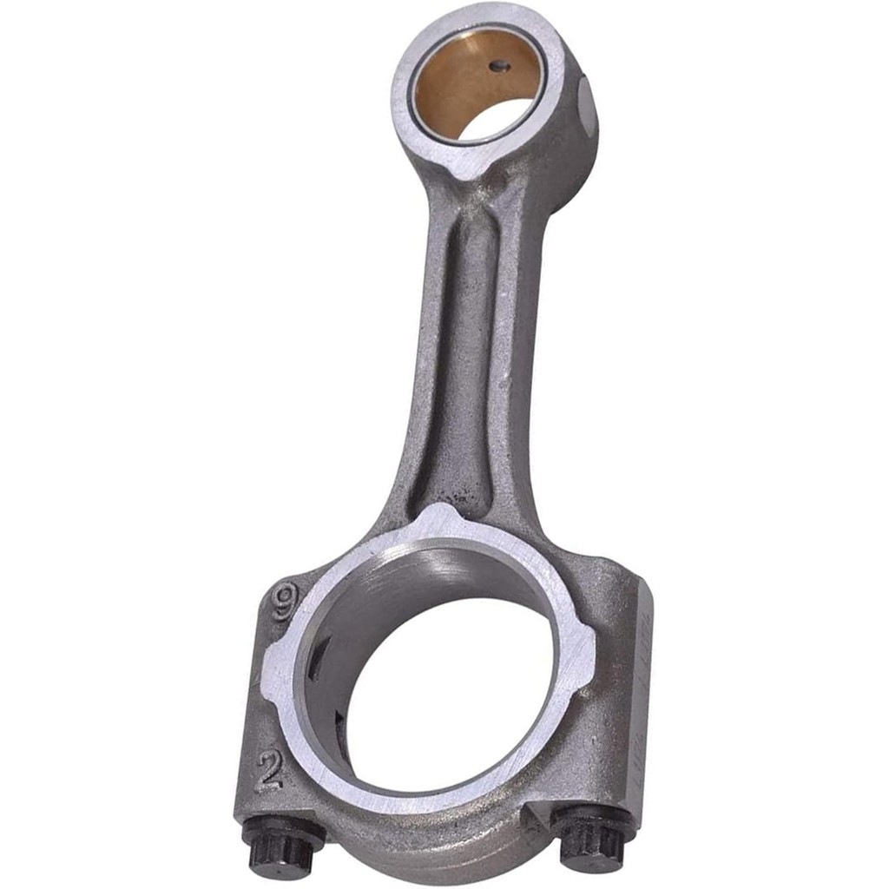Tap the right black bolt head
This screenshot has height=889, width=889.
click(593, 838)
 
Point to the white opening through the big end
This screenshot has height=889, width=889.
click(451, 695)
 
